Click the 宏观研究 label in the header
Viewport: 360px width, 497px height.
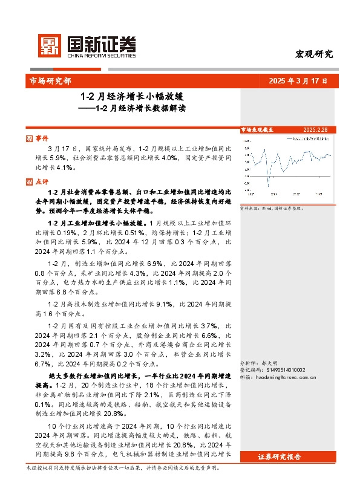[315, 54]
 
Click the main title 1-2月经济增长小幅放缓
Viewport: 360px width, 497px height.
[132, 96]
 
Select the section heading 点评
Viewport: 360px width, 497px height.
[42, 180]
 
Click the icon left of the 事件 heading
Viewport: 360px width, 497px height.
[30, 138]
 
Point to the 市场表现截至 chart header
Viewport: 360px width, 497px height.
[257, 129]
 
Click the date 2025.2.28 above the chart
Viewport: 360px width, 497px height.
[315, 129]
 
